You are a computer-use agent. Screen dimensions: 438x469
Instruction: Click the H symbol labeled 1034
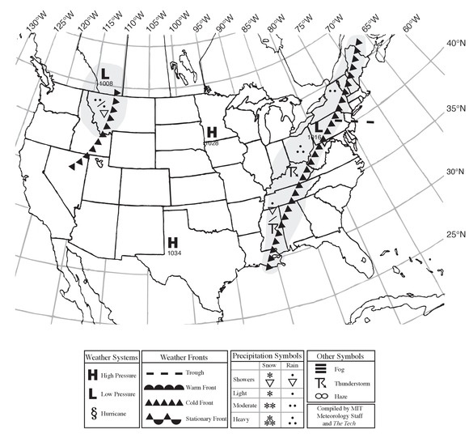[x=173, y=242]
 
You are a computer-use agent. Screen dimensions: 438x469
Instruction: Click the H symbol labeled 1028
[x=211, y=131]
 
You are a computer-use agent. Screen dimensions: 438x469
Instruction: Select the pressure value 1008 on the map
[x=105, y=83]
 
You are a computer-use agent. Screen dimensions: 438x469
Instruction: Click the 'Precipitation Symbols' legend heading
[x=266, y=356]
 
